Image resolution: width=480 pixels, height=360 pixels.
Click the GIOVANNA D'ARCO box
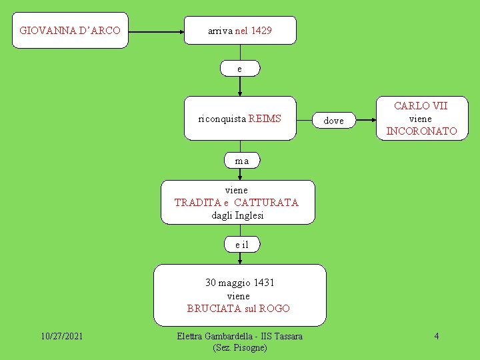[70, 31]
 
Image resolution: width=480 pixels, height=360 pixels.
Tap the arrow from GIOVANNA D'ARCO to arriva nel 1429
[157, 31]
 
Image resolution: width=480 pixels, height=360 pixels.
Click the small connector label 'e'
[240, 69]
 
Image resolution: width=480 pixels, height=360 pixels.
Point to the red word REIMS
[265, 119]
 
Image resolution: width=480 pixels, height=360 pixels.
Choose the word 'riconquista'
[222, 119]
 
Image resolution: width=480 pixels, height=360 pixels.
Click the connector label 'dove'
[333, 121]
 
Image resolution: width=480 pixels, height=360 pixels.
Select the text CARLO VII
[421, 106]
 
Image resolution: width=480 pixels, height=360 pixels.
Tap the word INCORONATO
[421, 131]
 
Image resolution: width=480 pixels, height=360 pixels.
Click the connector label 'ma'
[241, 161]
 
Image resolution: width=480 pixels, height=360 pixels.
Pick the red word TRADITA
[197, 203]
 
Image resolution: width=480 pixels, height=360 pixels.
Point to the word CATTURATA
[266, 203]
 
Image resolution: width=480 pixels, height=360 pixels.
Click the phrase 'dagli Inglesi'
[237, 215]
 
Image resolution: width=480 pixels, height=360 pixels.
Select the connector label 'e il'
[241, 245]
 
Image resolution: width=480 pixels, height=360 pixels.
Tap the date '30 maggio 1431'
[239, 283]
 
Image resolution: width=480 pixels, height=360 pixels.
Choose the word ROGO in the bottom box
[274, 308]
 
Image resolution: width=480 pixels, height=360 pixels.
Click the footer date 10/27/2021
[61, 336]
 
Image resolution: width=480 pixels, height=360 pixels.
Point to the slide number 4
[436, 336]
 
